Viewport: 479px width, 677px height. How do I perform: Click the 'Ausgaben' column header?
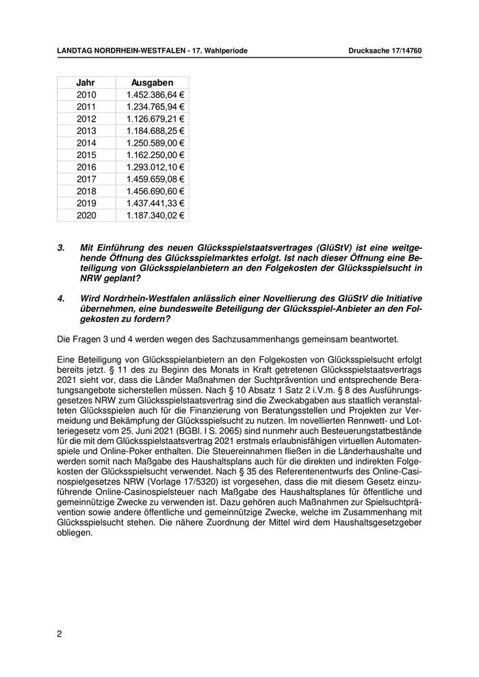(152, 82)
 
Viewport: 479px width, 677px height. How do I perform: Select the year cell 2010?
(87, 94)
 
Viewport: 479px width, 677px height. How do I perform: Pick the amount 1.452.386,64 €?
(156, 94)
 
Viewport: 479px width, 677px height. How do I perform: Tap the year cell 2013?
(87, 131)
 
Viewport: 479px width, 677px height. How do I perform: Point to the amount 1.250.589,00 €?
(156, 143)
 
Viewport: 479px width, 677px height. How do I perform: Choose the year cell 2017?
(87, 179)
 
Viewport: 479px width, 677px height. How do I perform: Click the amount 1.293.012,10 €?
(156, 167)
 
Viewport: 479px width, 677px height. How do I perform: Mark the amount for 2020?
(156, 215)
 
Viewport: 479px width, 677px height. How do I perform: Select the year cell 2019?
(87, 203)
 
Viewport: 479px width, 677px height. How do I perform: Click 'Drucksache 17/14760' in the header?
(385, 51)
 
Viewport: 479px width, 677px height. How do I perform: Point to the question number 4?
(60, 299)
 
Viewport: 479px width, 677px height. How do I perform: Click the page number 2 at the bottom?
(60, 634)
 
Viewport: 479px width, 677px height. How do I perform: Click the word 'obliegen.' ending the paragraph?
(75, 531)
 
